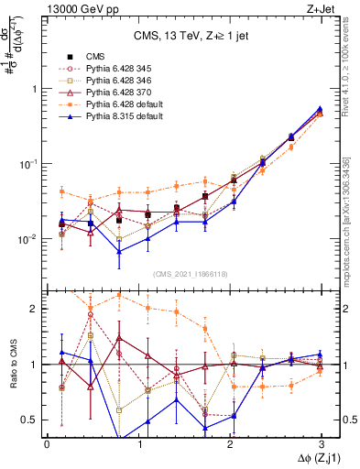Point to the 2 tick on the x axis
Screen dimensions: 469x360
pos(230,444)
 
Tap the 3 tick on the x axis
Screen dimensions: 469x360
pos(322,444)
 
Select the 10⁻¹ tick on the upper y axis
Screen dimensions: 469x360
pos(31,164)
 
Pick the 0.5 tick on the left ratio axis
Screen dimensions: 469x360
pos(34,420)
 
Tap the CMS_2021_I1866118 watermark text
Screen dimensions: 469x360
pos(184,275)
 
